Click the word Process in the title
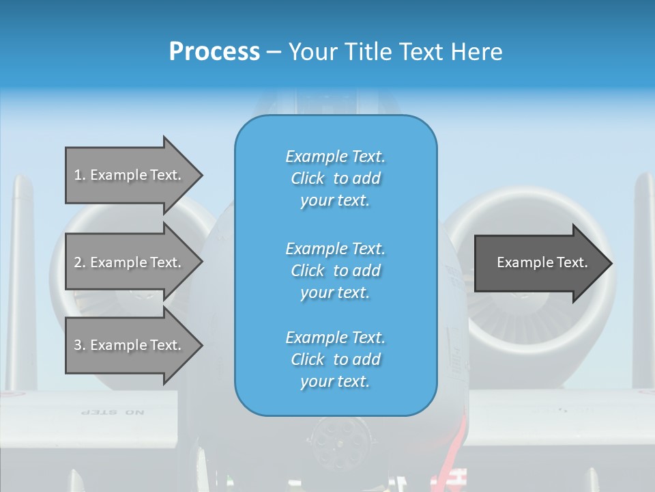point(214,52)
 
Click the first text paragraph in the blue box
point(335,178)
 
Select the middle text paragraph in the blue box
point(335,271)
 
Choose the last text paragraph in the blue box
point(335,359)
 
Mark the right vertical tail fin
point(643,273)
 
